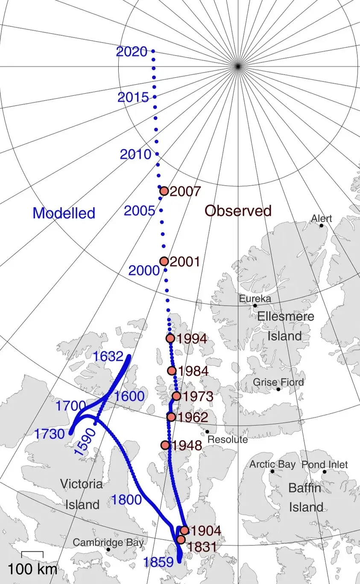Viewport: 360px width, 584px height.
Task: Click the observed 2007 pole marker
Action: point(164,191)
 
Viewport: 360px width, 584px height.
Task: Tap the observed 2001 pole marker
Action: point(164,261)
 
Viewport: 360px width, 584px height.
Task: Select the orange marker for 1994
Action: point(170,338)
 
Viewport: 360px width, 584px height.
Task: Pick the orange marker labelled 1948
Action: point(165,445)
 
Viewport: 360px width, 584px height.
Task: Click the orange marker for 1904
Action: point(184,531)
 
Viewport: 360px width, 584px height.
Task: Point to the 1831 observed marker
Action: point(181,540)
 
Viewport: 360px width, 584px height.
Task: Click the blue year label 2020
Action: point(132,52)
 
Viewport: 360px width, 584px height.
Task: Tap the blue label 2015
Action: point(133,98)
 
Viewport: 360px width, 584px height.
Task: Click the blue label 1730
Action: point(49,434)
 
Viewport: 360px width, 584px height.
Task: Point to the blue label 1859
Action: point(159,562)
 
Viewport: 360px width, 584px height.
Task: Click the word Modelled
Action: point(64,213)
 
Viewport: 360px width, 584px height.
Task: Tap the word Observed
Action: point(238,211)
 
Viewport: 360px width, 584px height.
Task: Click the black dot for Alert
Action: point(322,225)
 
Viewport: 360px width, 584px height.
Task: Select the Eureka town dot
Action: point(255,305)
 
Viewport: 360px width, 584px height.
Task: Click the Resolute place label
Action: point(227,440)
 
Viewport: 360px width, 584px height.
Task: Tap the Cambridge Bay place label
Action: point(108,543)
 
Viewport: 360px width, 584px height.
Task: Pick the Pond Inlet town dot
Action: point(324,472)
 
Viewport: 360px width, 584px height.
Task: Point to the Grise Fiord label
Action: point(278,382)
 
